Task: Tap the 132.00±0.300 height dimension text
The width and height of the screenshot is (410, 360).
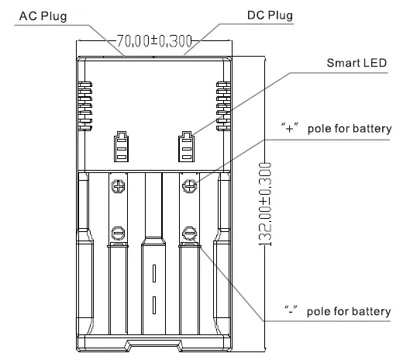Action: coord(265,204)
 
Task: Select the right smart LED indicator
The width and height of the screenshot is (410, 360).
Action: coord(186,144)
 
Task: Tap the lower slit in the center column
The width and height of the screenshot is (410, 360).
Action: coord(153,306)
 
